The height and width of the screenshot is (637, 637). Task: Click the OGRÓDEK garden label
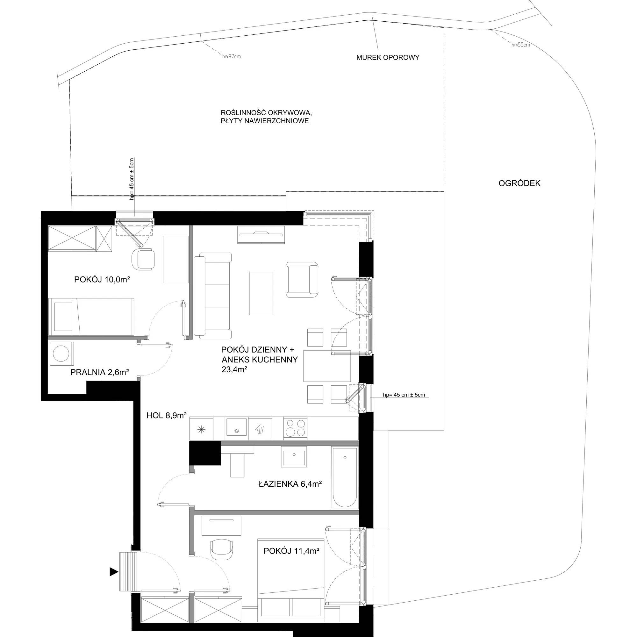click(519, 183)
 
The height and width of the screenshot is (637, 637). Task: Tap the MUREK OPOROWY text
click(388, 57)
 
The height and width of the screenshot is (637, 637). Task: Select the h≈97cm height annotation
click(232, 56)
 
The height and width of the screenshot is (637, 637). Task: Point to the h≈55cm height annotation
click(521, 45)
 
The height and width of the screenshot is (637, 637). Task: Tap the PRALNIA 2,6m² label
click(100, 372)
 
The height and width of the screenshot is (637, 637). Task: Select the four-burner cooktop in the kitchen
click(296, 428)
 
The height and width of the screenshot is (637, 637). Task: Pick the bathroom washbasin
click(294, 456)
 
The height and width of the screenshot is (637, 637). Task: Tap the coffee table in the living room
click(261, 293)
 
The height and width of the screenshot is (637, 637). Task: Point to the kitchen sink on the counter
click(236, 428)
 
